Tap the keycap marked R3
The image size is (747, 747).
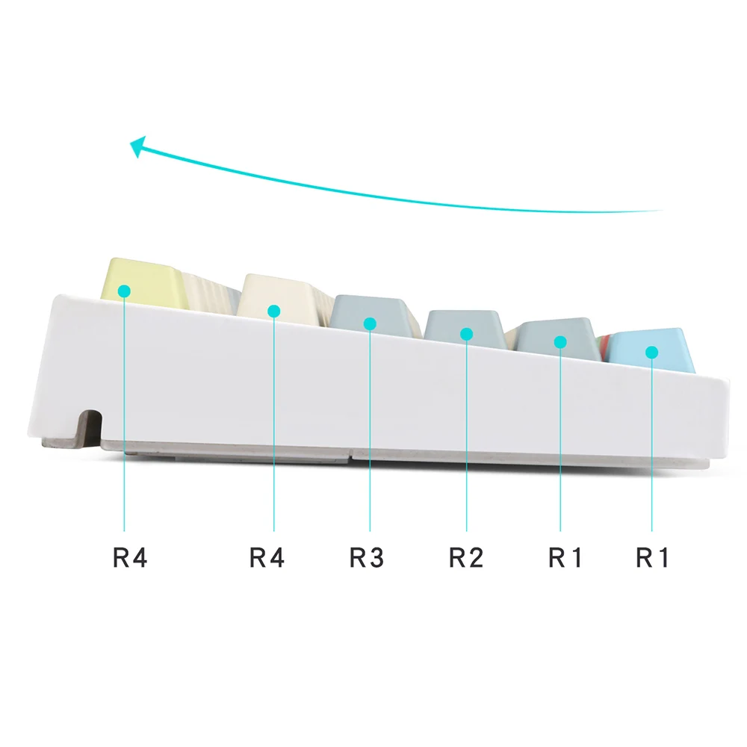(366, 314)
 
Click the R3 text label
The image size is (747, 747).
(367, 557)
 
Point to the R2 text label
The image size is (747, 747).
(466, 557)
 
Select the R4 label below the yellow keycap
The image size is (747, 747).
(130, 557)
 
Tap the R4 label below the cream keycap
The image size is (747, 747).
(267, 557)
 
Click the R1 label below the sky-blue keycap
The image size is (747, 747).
(653, 557)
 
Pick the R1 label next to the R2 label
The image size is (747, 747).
(565, 557)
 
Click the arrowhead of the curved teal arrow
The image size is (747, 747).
(137, 146)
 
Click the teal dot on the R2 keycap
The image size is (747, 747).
(466, 334)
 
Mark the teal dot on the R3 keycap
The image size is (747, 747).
(370, 323)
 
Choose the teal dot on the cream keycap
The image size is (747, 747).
(273, 309)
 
